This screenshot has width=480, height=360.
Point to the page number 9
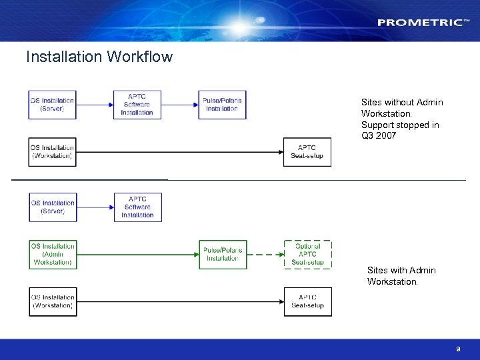pos(458,349)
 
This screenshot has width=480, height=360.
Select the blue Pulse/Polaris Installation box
pos(222,105)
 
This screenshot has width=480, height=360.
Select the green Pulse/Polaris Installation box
pos(222,255)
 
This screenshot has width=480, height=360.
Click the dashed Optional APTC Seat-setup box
pos(307,255)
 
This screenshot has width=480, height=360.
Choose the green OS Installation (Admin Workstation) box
pos(52,255)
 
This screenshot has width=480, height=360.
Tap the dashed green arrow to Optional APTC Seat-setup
pos(265,255)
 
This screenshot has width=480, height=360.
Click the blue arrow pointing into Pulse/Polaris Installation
pos(180,105)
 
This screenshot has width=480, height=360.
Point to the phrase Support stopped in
pos(400,125)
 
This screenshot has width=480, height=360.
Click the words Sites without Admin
pos(402,102)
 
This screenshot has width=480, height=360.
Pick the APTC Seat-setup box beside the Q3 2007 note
pos(307,152)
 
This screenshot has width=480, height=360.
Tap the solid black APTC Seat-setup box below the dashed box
pos(307,302)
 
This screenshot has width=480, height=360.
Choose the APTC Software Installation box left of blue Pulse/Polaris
pos(137,105)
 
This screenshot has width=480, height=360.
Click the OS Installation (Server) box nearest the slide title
pos(52,105)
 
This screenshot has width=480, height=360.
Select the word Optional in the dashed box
pos(307,247)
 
